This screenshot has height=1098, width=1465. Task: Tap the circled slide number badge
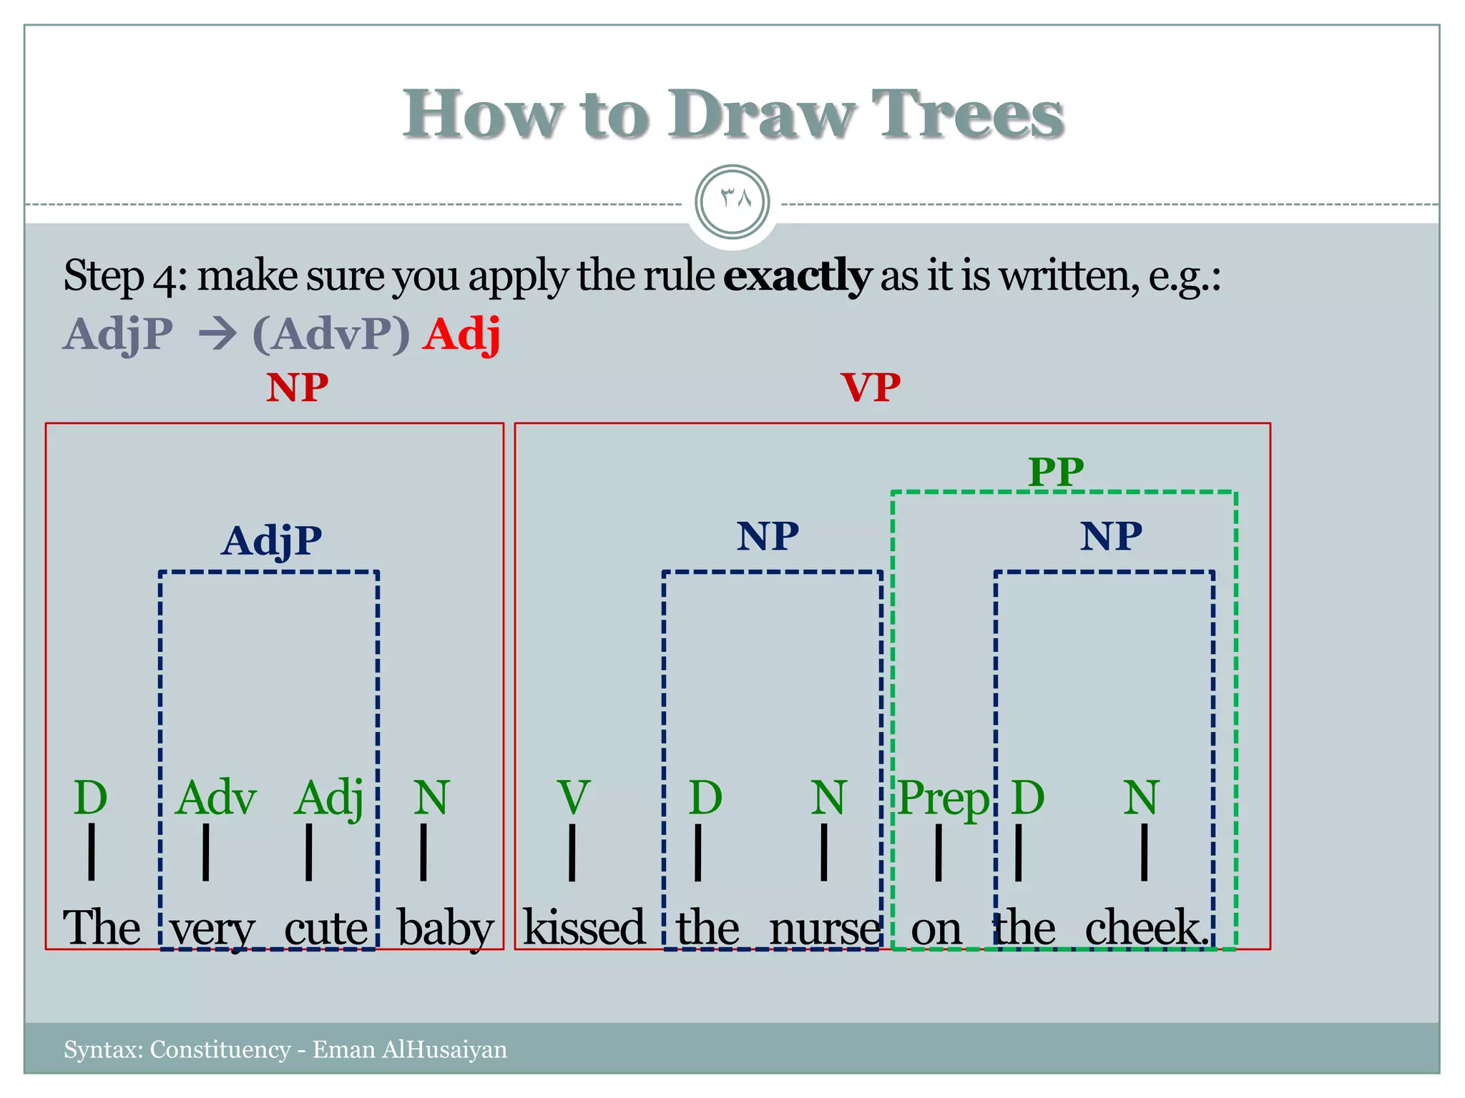[732, 202]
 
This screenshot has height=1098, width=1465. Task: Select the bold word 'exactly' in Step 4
[796, 276]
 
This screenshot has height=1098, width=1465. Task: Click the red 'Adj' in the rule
[461, 334]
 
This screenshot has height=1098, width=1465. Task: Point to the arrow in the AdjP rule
[217, 334]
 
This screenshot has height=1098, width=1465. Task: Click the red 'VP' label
[871, 388]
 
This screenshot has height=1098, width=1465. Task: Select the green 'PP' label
[1056, 472]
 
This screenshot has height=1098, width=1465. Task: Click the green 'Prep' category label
[944, 798]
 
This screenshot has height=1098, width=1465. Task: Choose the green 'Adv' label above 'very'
[215, 798]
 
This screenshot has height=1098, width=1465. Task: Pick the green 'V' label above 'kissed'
[574, 798]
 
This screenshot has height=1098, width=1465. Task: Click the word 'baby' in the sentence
[445, 929]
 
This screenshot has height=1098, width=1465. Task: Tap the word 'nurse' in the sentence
[824, 929]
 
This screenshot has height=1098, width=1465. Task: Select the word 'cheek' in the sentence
[1143, 929]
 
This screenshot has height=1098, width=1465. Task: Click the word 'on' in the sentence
[936, 929]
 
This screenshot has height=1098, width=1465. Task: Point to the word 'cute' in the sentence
[326, 929]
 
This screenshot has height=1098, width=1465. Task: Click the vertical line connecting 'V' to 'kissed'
[572, 852]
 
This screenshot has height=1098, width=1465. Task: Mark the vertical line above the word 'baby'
[423, 852]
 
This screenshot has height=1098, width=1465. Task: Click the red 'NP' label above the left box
[297, 388]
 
